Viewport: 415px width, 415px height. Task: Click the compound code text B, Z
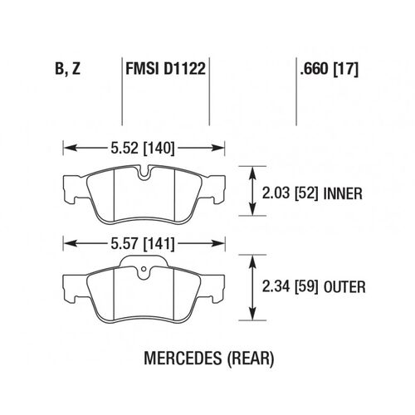68,69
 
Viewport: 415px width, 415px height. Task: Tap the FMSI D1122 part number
166,69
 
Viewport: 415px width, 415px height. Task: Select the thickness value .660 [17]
330,69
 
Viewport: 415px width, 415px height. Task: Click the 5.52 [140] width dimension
143,148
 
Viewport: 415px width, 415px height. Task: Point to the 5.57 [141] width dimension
143,244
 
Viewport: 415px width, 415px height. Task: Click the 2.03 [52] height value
290,193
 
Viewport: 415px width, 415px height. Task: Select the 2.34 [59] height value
290,286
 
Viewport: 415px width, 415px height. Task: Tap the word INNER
343,193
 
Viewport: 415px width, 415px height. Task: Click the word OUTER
344,287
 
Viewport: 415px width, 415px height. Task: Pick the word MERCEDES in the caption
183,358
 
